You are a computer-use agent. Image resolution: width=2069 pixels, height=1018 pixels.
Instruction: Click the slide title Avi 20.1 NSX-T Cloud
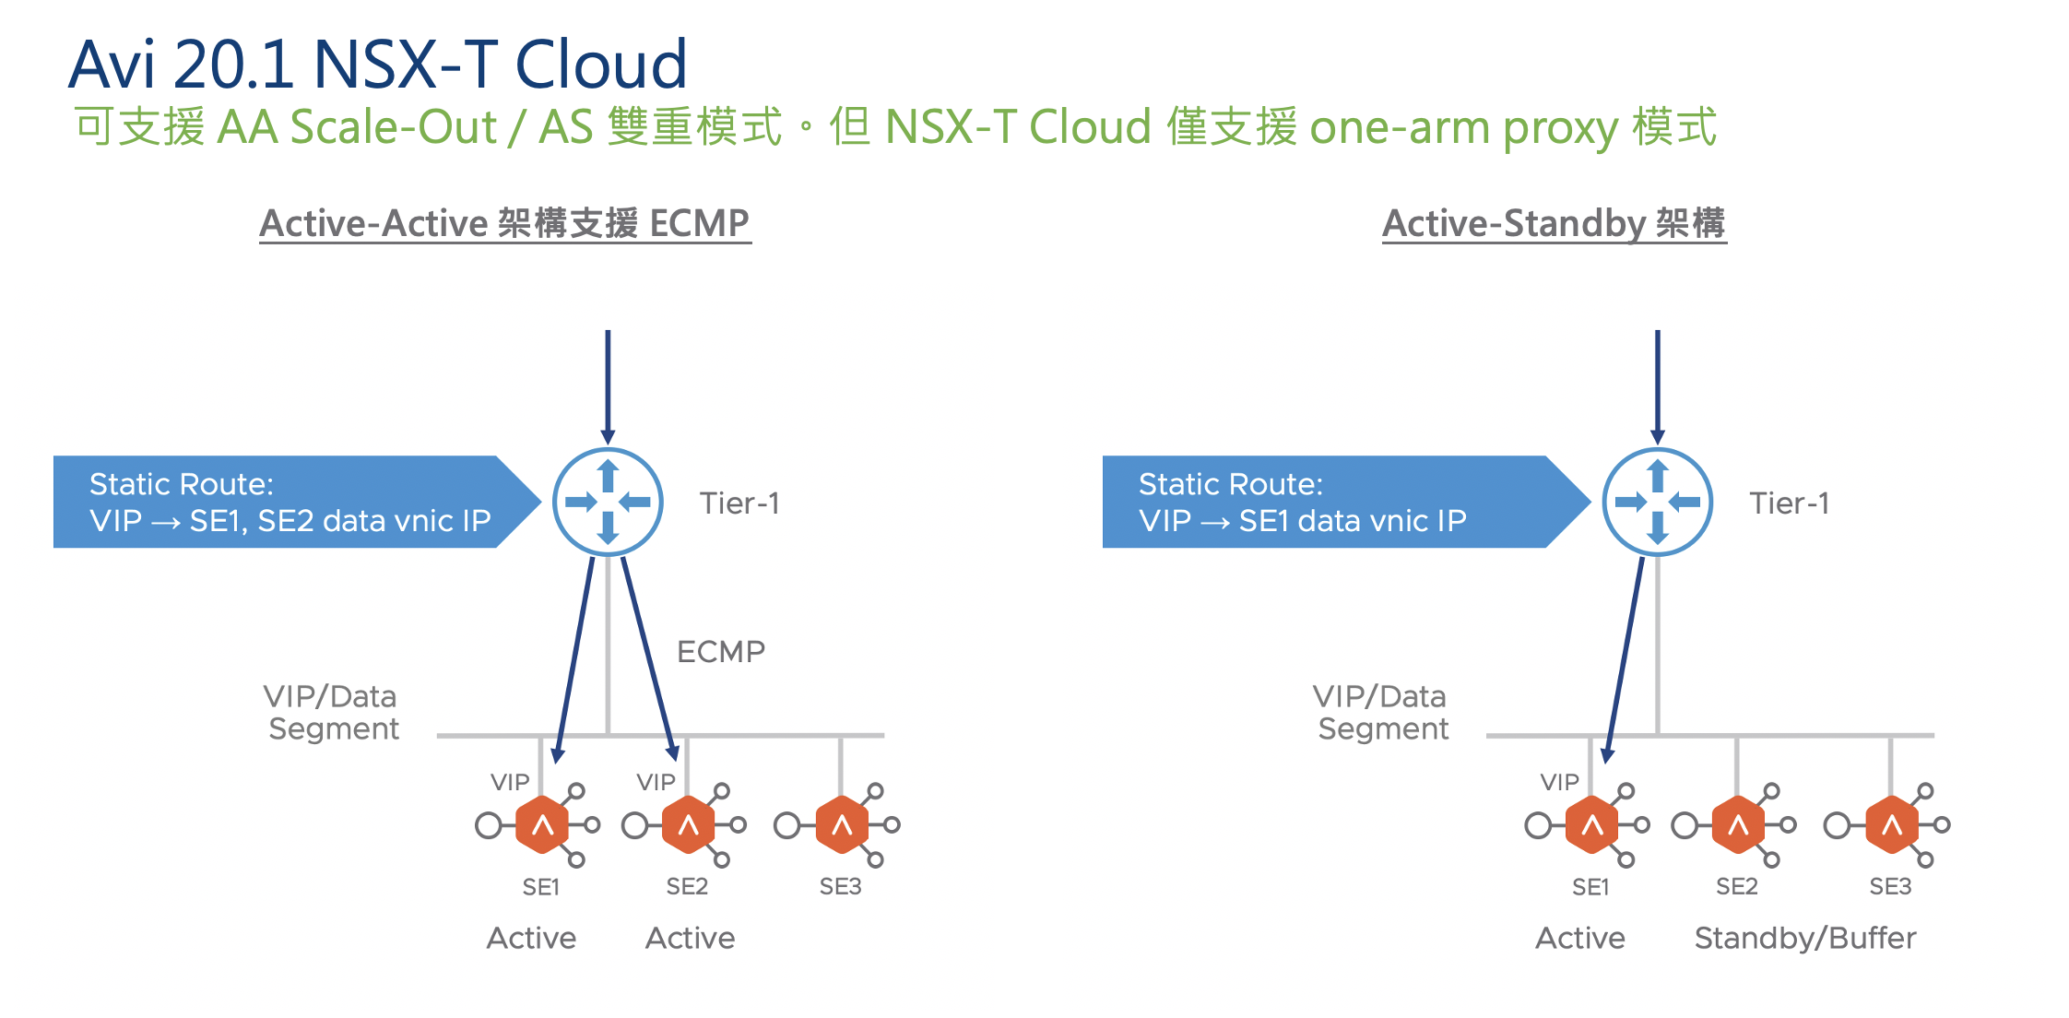[x=378, y=64]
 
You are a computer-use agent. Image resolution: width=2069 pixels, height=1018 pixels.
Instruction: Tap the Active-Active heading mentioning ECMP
[x=504, y=223]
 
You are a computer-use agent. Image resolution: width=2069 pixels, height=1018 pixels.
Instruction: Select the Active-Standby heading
[x=1554, y=223]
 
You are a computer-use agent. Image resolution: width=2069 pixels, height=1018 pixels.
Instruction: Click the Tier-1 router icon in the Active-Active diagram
[x=608, y=502]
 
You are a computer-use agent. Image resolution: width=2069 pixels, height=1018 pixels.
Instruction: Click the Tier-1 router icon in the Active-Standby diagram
[x=1658, y=502]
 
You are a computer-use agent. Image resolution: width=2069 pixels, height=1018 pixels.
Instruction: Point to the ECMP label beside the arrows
[x=721, y=652]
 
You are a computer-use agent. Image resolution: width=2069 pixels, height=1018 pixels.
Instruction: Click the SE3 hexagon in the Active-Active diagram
[x=842, y=824]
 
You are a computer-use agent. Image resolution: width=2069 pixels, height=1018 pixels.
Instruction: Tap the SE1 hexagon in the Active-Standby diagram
[x=1592, y=824]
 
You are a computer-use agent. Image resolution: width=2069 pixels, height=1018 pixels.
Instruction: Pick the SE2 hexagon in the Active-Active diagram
[x=689, y=824]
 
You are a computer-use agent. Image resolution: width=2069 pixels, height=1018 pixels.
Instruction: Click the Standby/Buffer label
[x=1805, y=939]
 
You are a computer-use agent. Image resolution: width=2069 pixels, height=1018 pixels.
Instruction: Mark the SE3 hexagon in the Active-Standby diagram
[x=1892, y=824]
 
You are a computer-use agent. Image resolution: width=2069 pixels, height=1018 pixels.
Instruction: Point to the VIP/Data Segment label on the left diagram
[x=332, y=712]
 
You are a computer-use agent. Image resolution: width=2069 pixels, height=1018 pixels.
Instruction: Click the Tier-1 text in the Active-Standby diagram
[x=1790, y=503]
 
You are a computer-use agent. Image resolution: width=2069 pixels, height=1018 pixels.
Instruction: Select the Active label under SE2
[x=691, y=939]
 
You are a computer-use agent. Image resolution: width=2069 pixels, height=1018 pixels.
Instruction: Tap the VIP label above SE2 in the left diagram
[x=656, y=782]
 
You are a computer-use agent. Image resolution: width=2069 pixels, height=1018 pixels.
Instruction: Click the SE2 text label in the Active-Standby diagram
[x=1737, y=887]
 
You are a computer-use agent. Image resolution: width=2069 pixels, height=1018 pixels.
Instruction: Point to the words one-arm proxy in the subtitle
[x=1463, y=127]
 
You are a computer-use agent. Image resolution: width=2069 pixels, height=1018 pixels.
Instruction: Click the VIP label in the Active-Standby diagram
[x=1560, y=782]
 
